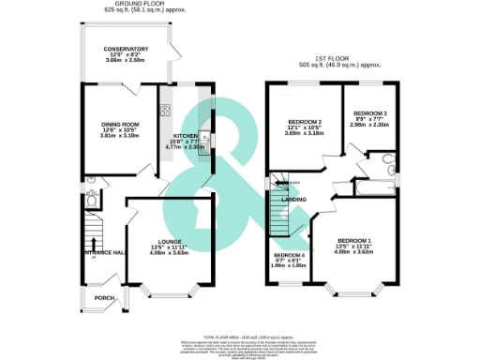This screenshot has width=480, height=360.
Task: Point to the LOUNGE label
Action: pos(170,242)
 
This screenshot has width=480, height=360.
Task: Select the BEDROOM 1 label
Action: pos(354,242)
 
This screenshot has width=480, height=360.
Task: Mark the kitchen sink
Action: pos(203,141)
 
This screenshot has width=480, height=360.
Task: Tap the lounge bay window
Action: pos(170,294)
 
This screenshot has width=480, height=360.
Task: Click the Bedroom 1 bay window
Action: pos(354,294)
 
